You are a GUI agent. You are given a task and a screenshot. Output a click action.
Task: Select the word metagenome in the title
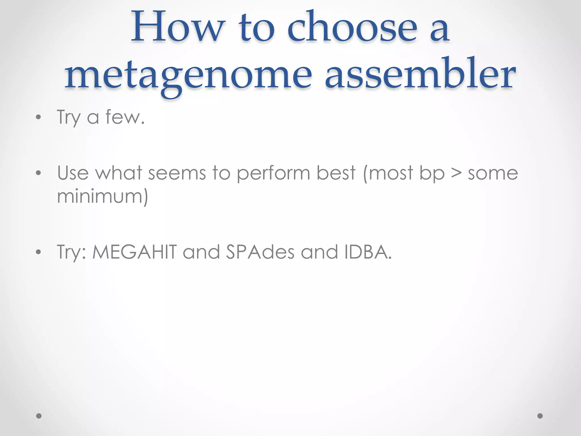pyautogui.click(x=189, y=75)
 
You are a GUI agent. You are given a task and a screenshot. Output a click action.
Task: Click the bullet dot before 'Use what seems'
pyautogui.click(x=39, y=173)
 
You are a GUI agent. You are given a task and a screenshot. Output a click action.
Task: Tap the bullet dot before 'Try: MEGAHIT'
pyautogui.click(x=39, y=252)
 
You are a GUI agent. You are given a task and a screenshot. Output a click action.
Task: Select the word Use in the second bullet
pyautogui.click(x=73, y=173)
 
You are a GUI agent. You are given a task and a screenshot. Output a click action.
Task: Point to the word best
pyautogui.click(x=336, y=173)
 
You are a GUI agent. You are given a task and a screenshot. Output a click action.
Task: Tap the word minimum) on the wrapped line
pyautogui.click(x=102, y=196)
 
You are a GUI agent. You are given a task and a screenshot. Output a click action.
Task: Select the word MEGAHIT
pyautogui.click(x=135, y=252)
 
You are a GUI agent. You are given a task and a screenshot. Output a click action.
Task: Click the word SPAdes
pyautogui.click(x=260, y=252)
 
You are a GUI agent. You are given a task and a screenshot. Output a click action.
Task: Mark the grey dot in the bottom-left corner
pyautogui.click(x=39, y=416)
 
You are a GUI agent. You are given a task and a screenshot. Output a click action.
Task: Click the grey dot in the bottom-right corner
pyautogui.click(x=540, y=416)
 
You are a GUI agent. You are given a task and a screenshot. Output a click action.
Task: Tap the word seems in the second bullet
pyautogui.click(x=177, y=173)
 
